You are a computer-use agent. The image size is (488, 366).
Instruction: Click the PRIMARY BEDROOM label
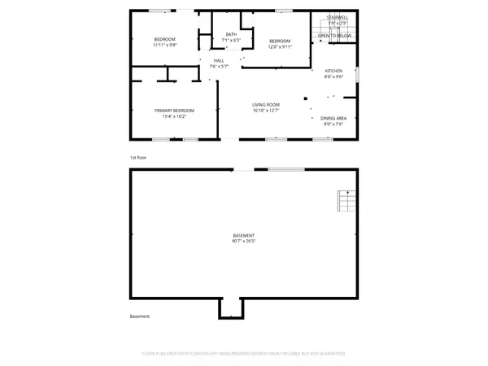point(177,110)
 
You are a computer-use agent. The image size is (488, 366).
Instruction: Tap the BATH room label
point(232,34)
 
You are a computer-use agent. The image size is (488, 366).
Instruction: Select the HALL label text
point(219,60)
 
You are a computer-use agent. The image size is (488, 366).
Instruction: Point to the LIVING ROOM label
point(265,104)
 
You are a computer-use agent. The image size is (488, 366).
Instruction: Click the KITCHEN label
point(333,71)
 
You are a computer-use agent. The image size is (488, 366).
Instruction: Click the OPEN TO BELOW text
point(334,36)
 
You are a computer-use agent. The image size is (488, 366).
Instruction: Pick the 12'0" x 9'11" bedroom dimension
point(279,46)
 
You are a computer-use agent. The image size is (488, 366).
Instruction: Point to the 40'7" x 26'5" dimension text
point(243,241)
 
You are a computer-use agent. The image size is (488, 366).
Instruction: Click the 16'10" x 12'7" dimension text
point(265,110)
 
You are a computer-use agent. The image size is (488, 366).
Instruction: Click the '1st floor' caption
point(137,157)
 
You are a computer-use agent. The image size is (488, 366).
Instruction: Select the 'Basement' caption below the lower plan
point(139,316)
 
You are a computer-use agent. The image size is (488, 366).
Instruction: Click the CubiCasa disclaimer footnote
point(244,354)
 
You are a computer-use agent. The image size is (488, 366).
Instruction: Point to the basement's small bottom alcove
point(230,308)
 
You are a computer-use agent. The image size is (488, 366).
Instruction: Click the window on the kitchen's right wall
point(358,76)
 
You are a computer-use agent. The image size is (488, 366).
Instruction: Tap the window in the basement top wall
point(281,169)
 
